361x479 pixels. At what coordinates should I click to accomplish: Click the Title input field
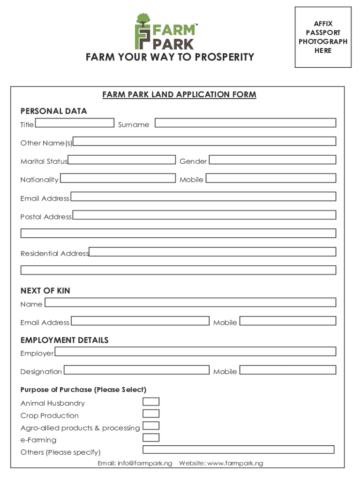point(75,123)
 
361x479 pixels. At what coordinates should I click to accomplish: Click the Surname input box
point(245,123)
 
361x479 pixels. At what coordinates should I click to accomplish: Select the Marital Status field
point(122,160)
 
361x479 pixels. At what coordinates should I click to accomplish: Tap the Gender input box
point(272,160)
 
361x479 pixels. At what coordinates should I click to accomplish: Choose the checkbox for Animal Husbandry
point(151,402)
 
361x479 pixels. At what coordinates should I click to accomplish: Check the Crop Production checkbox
point(151,414)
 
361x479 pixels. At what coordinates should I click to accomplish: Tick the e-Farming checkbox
point(151,438)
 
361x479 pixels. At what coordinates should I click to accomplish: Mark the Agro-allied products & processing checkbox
point(151,426)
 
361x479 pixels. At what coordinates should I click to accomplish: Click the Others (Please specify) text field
point(238,450)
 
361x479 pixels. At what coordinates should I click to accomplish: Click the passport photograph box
point(323,37)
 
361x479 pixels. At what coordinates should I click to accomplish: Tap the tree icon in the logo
point(143,20)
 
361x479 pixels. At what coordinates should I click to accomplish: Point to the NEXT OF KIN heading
point(45,290)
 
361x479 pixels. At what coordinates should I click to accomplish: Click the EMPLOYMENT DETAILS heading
point(64,340)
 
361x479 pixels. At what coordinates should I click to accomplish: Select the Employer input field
point(195,351)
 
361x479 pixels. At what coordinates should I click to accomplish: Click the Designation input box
point(136,370)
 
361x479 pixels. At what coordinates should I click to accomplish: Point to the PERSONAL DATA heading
point(53,111)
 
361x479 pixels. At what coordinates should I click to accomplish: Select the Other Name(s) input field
point(204,141)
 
